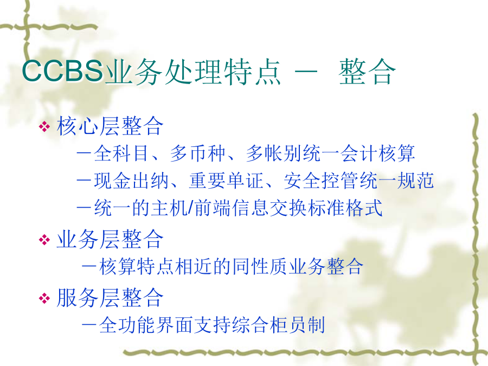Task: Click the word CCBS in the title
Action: [x=62, y=71]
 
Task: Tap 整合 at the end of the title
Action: [x=367, y=72]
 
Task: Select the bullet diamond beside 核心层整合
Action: [x=44, y=126]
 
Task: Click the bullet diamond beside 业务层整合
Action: [x=44, y=240]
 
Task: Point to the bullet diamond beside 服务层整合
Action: [x=44, y=298]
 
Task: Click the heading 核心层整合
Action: [x=110, y=126]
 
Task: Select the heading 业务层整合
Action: [x=110, y=239]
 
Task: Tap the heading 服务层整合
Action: [x=110, y=298]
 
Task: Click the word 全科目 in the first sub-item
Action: [x=121, y=153]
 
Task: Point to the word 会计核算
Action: [x=377, y=153]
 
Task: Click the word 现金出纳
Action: [x=131, y=181]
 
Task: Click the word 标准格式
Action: [x=345, y=208]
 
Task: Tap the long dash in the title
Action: [x=306, y=72]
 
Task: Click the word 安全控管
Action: [x=321, y=181]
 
